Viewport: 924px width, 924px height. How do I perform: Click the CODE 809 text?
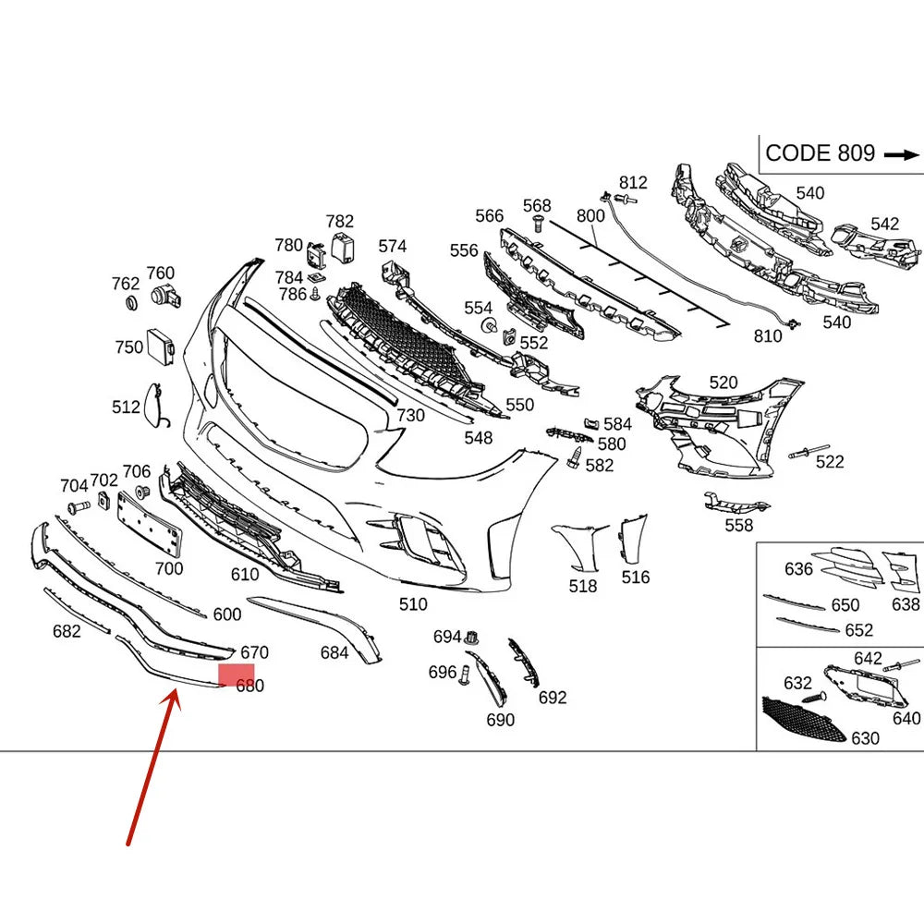820,153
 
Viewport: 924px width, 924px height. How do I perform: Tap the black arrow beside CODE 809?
902,155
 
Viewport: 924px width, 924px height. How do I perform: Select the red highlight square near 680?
237,675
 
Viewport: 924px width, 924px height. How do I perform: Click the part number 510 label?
412,604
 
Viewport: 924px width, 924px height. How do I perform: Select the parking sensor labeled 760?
165,296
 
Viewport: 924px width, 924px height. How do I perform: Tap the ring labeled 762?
132,303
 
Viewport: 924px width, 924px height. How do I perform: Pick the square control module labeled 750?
160,346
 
